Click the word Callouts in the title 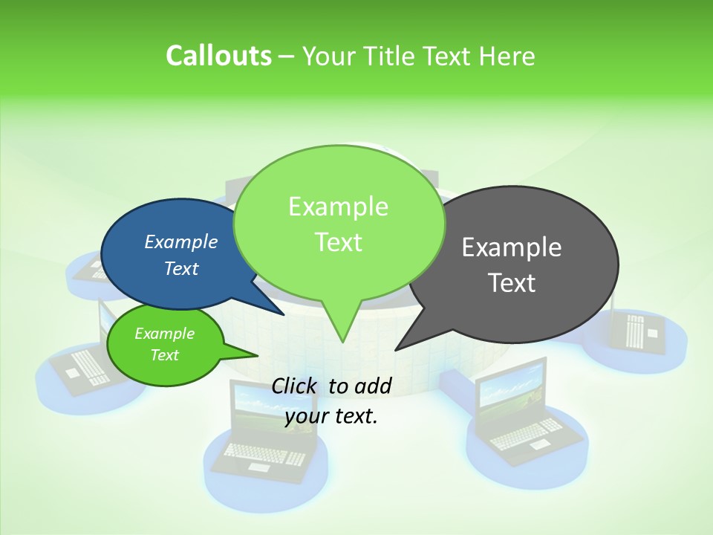click(218, 56)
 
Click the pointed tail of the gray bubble click(397, 348)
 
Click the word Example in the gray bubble click(512, 247)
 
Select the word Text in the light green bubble click(339, 241)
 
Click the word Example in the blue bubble click(180, 241)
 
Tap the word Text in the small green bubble click(165, 355)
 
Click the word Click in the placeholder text click(296, 385)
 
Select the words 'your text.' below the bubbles click(331, 416)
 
